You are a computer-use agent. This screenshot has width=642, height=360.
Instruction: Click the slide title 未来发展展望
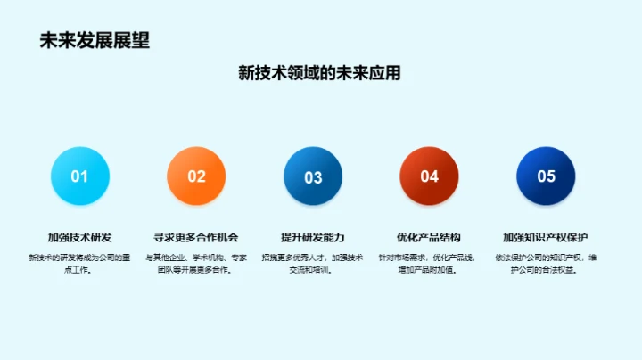95,40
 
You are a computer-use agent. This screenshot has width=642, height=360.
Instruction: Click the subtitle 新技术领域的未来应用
319,73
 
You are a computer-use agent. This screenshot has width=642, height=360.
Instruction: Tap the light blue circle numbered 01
80,176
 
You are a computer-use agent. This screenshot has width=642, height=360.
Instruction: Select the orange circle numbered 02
196,176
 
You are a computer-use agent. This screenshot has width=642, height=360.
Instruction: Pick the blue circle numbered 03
313,176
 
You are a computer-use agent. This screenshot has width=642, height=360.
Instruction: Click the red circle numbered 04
429,176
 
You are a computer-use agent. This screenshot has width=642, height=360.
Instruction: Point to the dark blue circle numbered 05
546,176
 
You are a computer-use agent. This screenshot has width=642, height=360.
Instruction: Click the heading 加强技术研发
80,237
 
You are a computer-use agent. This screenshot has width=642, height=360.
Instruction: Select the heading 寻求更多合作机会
196,237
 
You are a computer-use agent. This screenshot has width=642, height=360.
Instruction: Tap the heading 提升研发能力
313,237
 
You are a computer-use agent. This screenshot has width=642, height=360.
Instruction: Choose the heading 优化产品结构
429,237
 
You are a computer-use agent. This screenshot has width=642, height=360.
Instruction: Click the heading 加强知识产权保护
546,237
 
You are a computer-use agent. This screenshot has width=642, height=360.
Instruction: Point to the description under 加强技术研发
80,263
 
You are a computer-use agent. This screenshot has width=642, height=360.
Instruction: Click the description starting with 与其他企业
196,263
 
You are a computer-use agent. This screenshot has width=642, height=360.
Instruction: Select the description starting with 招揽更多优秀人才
313,263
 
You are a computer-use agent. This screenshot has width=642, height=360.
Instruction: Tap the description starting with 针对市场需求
429,263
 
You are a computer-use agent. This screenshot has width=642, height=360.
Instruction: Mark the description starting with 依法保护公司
546,263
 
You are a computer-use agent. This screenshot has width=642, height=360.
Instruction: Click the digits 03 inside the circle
313,177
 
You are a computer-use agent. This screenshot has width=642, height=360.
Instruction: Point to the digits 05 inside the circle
546,176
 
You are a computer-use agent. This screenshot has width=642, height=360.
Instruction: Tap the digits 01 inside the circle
80,176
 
